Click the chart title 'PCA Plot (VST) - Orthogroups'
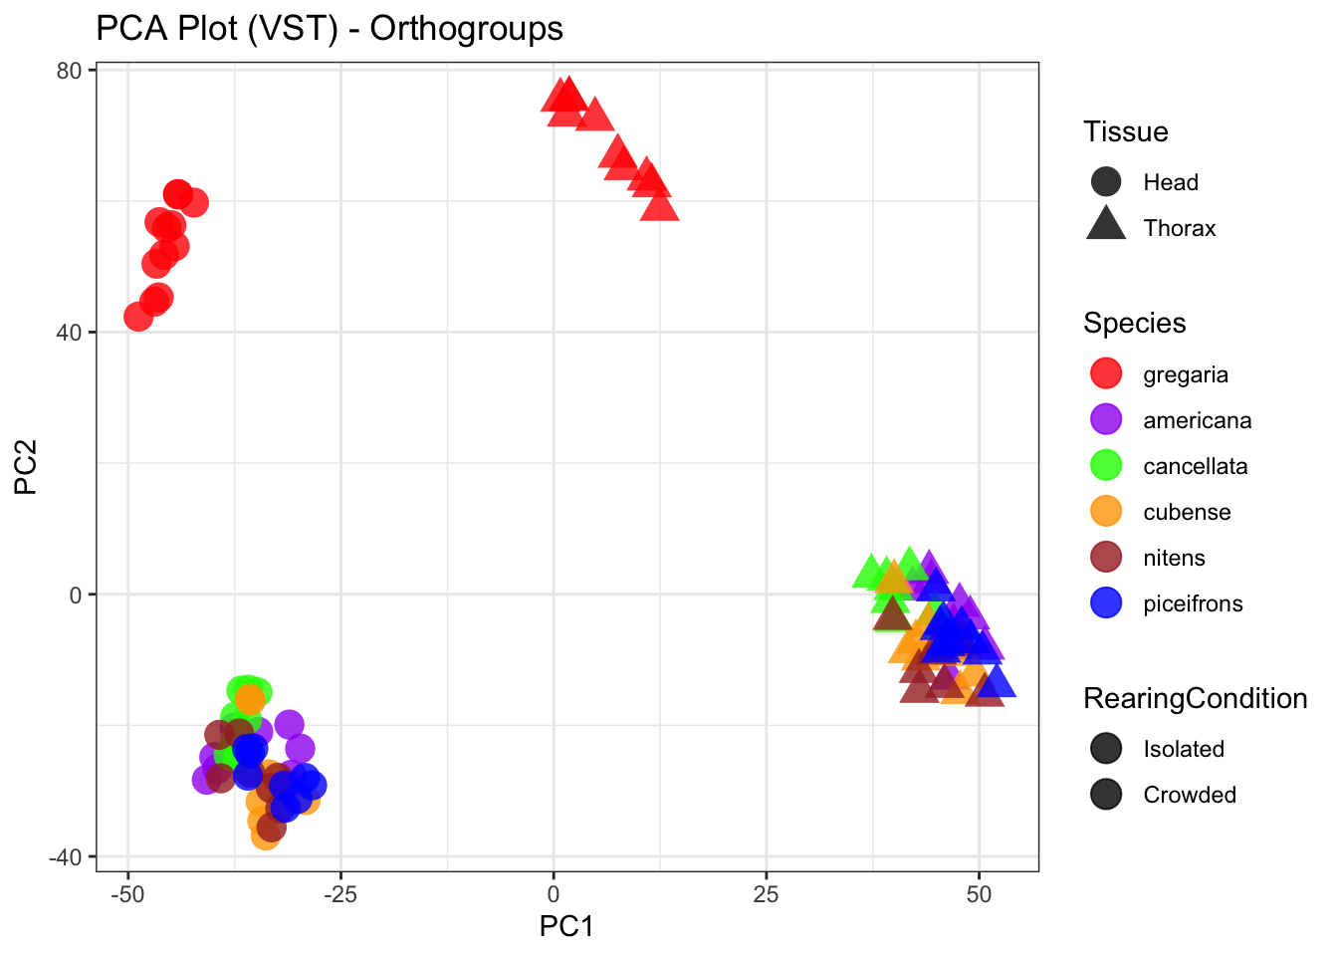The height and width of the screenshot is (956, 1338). (x=330, y=29)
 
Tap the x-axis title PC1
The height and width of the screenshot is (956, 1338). (x=566, y=927)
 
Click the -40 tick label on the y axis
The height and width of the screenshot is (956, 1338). (x=69, y=856)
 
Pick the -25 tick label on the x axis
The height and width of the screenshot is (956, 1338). (x=340, y=893)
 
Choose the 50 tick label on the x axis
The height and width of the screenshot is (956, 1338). (x=979, y=893)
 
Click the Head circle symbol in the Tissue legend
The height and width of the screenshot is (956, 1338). (x=1106, y=182)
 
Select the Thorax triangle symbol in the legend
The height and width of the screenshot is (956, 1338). (x=1106, y=225)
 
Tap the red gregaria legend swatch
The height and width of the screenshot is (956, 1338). (x=1106, y=374)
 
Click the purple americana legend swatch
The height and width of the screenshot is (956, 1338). (x=1106, y=420)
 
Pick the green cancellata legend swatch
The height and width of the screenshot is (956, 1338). (x=1106, y=466)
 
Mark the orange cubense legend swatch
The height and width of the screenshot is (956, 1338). (x=1106, y=512)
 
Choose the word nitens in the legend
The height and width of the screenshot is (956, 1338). (x=1174, y=558)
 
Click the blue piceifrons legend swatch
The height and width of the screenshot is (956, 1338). (x=1106, y=603)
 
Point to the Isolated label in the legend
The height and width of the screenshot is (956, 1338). (x=1184, y=749)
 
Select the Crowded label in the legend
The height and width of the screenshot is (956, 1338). (x=1190, y=795)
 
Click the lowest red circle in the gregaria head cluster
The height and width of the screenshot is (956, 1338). (x=139, y=317)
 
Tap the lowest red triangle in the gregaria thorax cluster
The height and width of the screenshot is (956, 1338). (x=659, y=207)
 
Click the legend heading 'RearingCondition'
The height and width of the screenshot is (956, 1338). (x=1195, y=699)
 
